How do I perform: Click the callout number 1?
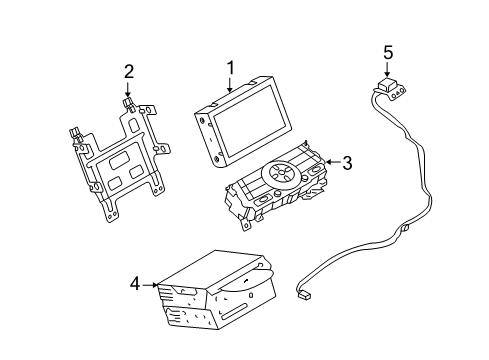230,68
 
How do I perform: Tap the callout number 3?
347,163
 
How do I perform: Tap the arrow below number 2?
128,93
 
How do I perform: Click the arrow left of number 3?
328,163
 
